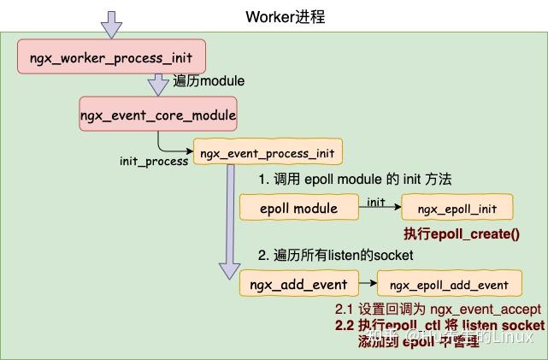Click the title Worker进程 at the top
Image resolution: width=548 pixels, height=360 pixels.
pyautogui.click(x=285, y=16)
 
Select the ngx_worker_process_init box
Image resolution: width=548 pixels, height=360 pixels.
pyautogui.click(x=112, y=60)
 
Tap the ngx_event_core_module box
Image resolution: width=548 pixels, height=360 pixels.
pyautogui.click(x=157, y=114)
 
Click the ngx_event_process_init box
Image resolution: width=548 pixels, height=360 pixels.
pyautogui.click(x=268, y=154)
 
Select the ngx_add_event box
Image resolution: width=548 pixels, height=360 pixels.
pyautogui.click(x=298, y=284)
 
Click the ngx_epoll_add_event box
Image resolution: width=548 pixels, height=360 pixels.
pyautogui.click(x=449, y=285)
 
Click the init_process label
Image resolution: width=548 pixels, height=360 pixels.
pyautogui.click(x=154, y=161)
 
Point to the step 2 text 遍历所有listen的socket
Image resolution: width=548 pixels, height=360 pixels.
pyautogui.click(x=335, y=255)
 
